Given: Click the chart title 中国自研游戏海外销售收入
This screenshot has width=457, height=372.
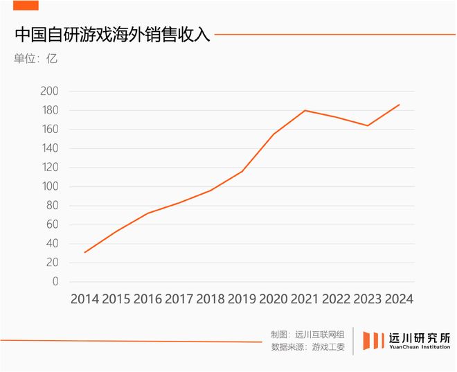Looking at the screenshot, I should point(111,35).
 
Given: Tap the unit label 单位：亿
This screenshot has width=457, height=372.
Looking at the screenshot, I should point(36,58).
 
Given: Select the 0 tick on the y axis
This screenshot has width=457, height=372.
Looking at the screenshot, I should point(55,282).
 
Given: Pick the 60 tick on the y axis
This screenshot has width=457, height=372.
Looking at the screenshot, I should point(53,224).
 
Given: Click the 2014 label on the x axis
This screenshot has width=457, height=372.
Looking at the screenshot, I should point(84,299).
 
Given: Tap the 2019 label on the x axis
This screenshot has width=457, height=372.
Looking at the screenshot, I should point(242,299).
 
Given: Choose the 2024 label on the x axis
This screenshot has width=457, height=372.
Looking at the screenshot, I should point(399,299).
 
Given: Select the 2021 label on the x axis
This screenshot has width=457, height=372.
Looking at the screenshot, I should point(305,299).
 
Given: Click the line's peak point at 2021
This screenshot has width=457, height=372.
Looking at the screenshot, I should point(305,110).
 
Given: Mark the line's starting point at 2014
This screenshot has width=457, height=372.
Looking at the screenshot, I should point(84,252).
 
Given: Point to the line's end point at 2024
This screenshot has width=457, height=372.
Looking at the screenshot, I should point(399,105).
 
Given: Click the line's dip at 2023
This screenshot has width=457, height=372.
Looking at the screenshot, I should point(368,125).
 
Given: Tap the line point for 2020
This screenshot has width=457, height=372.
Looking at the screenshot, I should point(274,134).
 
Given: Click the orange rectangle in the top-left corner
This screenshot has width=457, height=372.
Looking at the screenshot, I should point(26,6).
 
